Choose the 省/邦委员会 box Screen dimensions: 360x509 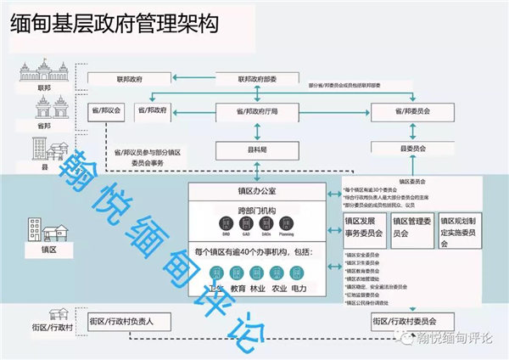point(417,110)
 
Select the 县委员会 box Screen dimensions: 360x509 point(417,149)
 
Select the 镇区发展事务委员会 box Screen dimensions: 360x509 point(363,226)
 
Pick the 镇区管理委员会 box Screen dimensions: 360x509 point(411,226)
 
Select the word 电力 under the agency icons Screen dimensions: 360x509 point(297,289)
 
